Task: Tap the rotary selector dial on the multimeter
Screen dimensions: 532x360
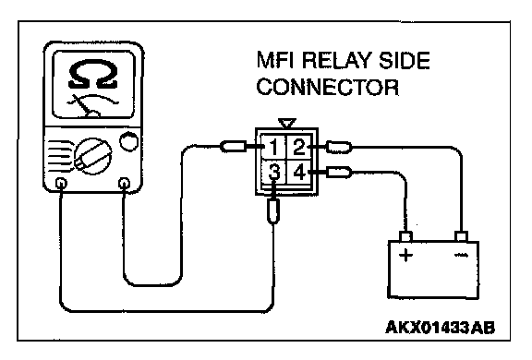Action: [x=93, y=156]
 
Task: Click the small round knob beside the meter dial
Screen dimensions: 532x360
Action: [x=129, y=141]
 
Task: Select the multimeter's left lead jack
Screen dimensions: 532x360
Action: [x=61, y=184]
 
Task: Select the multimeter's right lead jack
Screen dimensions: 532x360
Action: [x=124, y=184]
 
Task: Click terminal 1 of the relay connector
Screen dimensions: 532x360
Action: [x=273, y=147]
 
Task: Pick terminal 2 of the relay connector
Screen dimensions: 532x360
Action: [x=299, y=147]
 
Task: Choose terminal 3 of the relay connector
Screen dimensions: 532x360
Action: [x=273, y=172]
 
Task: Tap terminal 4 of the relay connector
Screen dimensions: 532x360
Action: [x=299, y=172]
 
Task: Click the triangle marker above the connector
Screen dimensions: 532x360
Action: [x=287, y=123]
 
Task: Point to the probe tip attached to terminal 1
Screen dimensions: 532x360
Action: [x=234, y=147]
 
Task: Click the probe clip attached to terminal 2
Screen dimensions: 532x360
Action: [x=339, y=147]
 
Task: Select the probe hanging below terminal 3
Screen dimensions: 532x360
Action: [x=273, y=210]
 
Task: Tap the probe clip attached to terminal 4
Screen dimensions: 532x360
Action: [x=339, y=173]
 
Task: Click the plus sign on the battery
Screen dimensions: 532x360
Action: [x=405, y=255]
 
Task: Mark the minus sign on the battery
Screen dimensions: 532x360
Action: [x=461, y=255]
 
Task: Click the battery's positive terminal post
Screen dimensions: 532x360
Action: [x=406, y=236]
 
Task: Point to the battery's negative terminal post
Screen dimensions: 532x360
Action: [x=462, y=236]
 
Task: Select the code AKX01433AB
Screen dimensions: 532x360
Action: [x=440, y=328]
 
